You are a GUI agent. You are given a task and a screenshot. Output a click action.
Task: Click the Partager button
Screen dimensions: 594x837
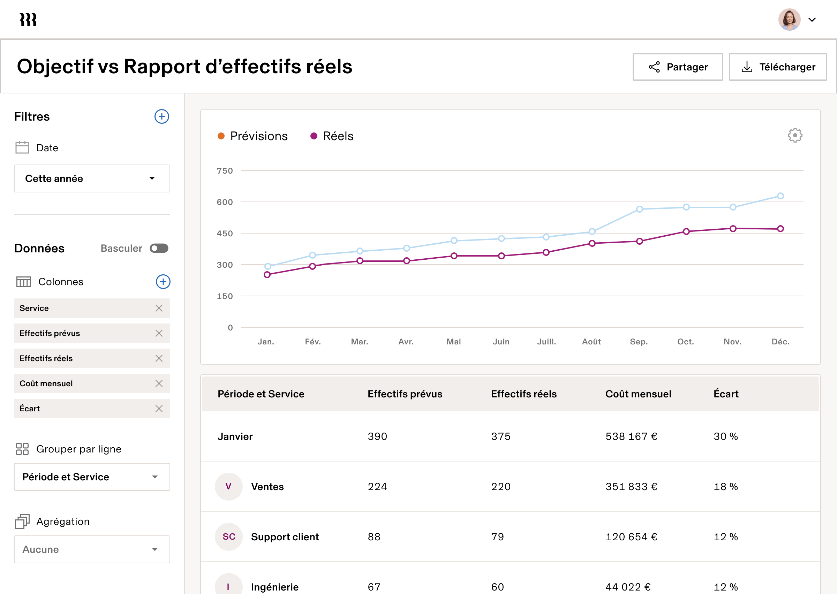[678, 67]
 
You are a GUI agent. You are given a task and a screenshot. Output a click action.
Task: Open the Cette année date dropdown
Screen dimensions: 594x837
[92, 178]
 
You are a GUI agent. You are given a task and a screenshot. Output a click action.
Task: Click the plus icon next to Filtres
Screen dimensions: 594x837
[161, 117]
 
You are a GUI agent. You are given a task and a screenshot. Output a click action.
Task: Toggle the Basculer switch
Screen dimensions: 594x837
[159, 248]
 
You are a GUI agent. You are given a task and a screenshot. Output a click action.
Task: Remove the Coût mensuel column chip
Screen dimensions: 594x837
[159, 383]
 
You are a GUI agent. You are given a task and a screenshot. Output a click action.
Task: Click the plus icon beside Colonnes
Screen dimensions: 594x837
[163, 282]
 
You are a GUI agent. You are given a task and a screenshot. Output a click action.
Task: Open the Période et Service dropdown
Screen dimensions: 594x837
[92, 477]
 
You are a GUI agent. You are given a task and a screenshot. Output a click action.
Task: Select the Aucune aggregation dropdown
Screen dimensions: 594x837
[92, 549]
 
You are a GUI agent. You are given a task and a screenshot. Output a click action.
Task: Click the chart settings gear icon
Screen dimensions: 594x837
[794, 135]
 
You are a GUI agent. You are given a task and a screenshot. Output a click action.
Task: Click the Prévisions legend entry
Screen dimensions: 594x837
[253, 136]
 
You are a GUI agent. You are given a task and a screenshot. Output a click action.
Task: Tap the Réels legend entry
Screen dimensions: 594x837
[332, 136]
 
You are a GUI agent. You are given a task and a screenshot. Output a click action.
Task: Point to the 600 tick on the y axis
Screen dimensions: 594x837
[225, 202]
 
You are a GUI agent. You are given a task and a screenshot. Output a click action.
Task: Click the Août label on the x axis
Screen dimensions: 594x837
[591, 342]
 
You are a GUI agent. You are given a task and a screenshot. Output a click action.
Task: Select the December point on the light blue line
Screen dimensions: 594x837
[780, 196]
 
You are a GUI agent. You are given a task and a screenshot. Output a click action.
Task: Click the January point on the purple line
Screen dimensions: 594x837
[267, 275]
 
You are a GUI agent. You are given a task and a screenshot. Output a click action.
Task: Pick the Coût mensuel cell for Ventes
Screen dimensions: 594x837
[631, 487]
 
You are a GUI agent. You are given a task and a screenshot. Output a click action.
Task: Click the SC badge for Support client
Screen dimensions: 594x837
[229, 536]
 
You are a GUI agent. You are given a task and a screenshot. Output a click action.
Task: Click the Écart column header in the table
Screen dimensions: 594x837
[726, 394]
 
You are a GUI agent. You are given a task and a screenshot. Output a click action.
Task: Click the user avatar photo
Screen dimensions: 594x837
[789, 20]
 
